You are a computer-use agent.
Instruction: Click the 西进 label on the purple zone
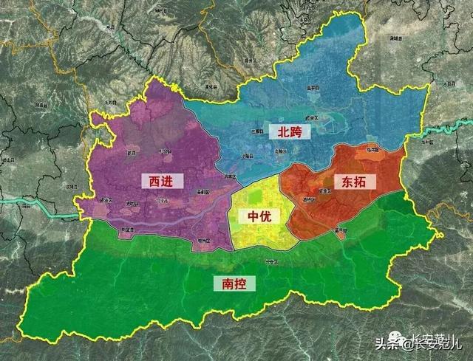coord(160,181)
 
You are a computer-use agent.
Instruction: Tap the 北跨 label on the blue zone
coord(290,131)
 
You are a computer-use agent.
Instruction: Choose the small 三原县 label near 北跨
coord(257,130)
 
